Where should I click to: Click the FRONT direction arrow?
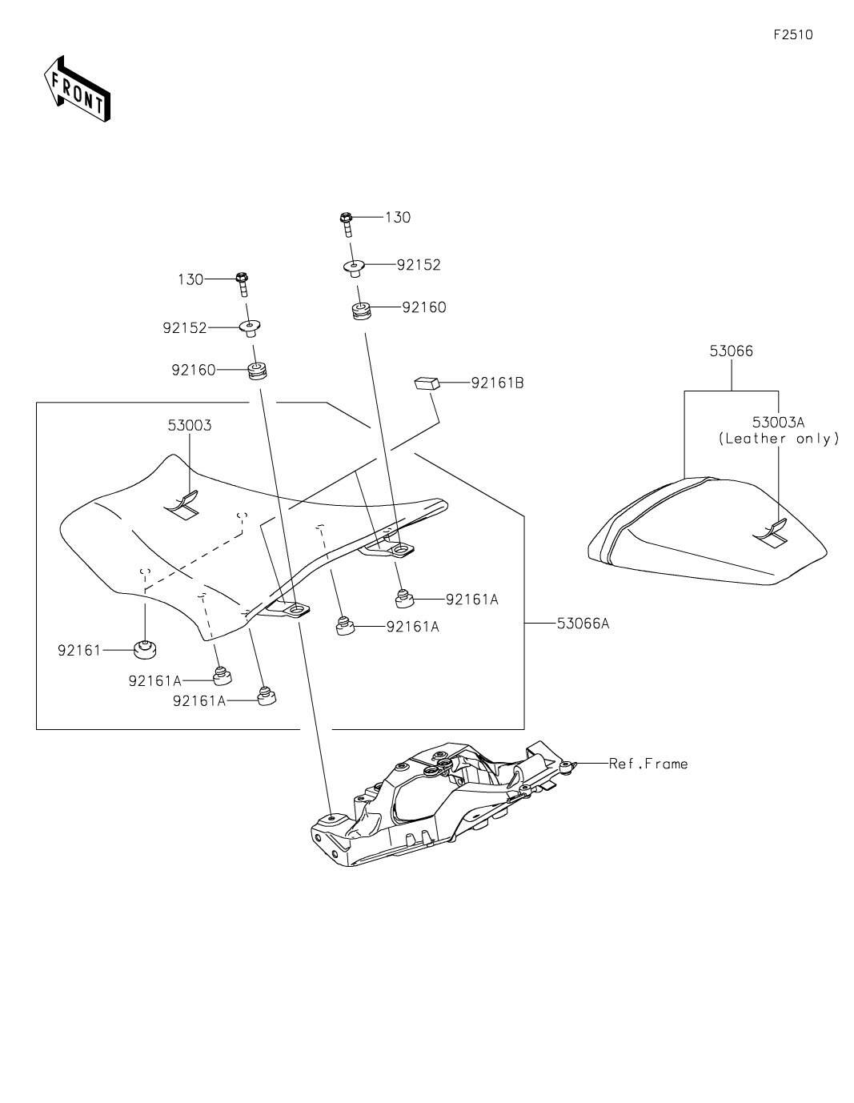pos(77,89)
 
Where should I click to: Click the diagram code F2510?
pos(792,34)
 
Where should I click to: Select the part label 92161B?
pos(497,383)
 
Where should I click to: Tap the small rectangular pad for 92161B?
pos(427,383)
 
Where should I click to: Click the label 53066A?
pos(583,623)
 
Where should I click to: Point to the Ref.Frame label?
pos(648,764)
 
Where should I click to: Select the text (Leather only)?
pos(779,439)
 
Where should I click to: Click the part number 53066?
pos(732,351)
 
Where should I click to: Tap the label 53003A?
pos(778,422)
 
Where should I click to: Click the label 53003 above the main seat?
pos(190,425)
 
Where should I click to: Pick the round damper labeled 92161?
pos(145,649)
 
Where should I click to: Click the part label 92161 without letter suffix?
pos(80,650)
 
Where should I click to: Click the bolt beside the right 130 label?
pos(347,224)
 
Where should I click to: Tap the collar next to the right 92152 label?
pos(355,267)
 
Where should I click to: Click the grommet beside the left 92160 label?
pos(257,371)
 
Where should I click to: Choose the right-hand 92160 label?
pos(424,307)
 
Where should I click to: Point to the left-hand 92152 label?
pos(185,328)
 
